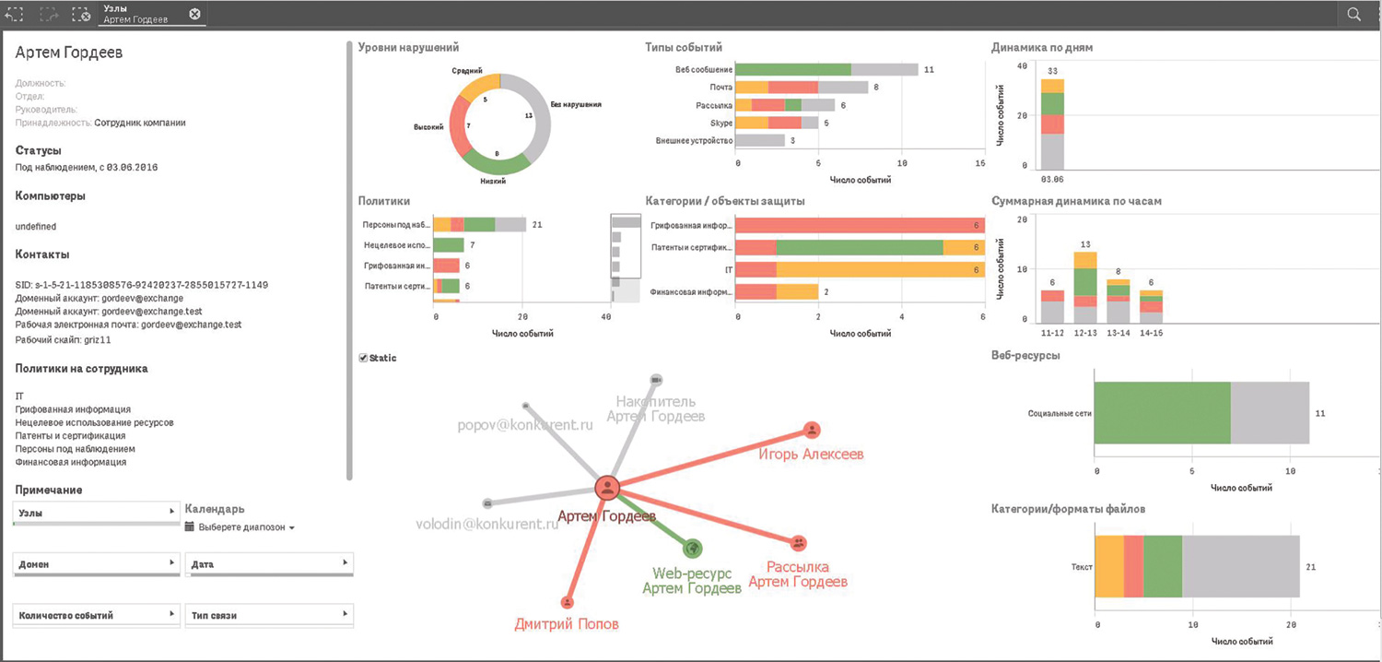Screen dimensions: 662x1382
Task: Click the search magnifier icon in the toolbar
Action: (x=1353, y=14)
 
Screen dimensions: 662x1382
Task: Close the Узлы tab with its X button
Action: (x=194, y=14)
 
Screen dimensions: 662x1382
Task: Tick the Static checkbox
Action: (x=363, y=358)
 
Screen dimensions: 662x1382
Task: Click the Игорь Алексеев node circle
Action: (x=812, y=430)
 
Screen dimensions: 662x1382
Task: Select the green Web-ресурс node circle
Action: (x=693, y=549)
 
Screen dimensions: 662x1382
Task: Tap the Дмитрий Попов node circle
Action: (x=568, y=602)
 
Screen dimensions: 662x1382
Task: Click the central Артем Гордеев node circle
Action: (x=607, y=489)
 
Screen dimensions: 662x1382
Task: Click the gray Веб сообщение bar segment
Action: (x=884, y=69)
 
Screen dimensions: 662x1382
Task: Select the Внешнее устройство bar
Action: (x=761, y=140)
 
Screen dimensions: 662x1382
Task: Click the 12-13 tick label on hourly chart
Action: (x=1085, y=332)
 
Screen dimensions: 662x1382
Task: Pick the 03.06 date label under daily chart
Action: (x=1052, y=178)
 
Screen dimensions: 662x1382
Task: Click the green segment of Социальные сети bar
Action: (x=1163, y=413)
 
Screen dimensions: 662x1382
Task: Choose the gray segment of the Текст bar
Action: (x=1240, y=566)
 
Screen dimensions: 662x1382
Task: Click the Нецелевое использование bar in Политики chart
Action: (x=449, y=245)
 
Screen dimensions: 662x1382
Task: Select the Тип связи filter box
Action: (x=269, y=615)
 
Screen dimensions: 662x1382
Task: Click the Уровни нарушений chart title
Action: (x=408, y=47)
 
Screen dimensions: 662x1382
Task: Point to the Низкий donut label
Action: (x=492, y=182)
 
